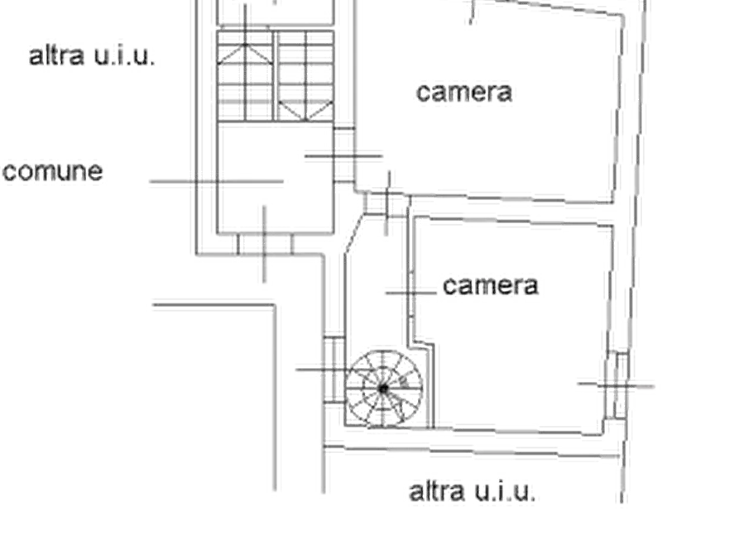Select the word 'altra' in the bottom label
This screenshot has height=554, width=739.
tap(436, 491)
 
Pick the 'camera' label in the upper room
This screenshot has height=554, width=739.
tap(467, 94)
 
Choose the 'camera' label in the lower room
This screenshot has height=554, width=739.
tap(491, 285)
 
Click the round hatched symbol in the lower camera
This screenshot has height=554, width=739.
tap(383, 387)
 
